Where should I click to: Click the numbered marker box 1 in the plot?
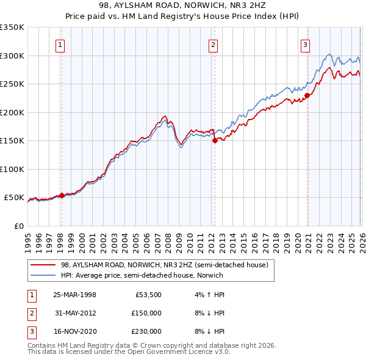(61, 44)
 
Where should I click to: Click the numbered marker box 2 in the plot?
(213, 44)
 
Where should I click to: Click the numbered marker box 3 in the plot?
(304, 44)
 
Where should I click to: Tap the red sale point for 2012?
(215, 140)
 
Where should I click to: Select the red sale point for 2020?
(307, 95)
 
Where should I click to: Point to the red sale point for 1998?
(62, 195)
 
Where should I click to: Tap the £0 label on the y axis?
(18, 226)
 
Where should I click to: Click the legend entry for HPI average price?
(142, 275)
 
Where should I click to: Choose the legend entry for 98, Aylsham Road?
(164, 265)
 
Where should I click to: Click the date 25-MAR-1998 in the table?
(74, 295)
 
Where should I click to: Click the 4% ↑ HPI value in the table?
(208, 295)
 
